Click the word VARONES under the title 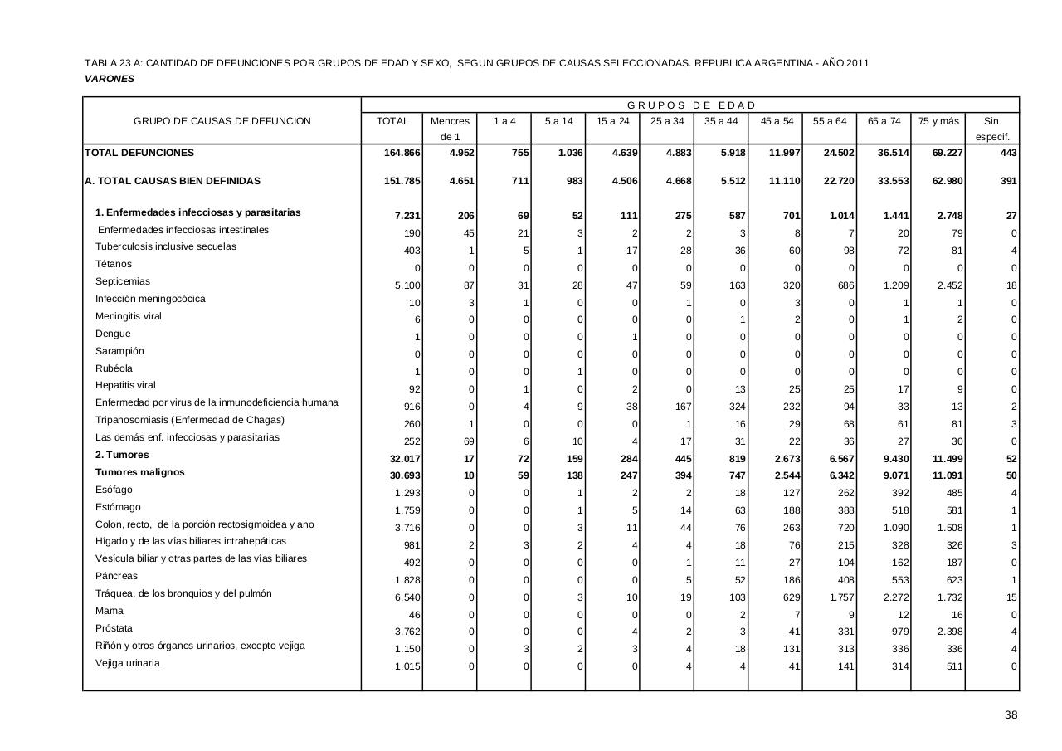click(x=110, y=79)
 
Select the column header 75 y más click(x=938, y=121)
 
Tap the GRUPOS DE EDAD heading click(x=691, y=105)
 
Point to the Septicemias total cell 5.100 click(x=407, y=285)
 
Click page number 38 click(x=1011, y=715)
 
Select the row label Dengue click(x=113, y=334)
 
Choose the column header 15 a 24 click(x=612, y=121)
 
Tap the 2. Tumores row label click(x=122, y=455)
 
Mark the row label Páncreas click(x=116, y=576)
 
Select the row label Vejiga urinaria click(x=128, y=663)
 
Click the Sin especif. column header click(x=991, y=129)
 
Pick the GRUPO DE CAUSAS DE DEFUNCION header click(x=222, y=121)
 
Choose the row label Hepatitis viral click(x=125, y=385)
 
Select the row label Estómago click(x=118, y=507)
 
